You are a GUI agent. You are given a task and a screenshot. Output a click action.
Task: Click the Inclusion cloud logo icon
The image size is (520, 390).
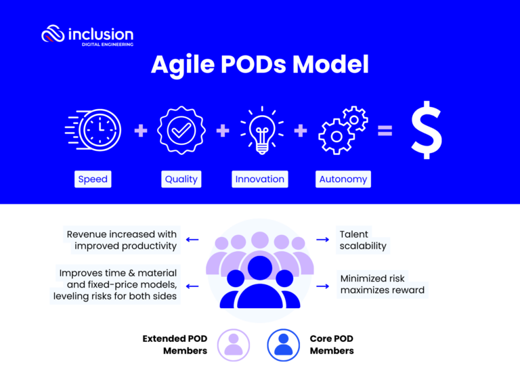[x=53, y=34]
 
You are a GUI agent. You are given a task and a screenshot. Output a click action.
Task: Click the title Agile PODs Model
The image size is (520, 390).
[x=259, y=65]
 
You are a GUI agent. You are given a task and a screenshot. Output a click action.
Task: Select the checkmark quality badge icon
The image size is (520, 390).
[x=181, y=130]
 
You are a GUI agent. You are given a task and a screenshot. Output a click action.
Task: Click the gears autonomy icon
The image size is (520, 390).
[x=343, y=129]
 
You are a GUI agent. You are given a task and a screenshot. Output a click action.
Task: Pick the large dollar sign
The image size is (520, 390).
[x=427, y=129]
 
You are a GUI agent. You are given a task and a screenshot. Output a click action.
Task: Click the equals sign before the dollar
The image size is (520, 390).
[x=385, y=131]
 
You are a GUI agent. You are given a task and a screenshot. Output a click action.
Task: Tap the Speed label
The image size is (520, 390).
[x=93, y=179]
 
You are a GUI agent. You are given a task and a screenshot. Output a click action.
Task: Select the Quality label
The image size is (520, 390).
[x=181, y=179]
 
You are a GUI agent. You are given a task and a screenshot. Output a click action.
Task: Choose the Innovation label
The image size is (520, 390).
[x=259, y=179]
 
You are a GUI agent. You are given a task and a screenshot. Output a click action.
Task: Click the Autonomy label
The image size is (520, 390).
[x=343, y=179]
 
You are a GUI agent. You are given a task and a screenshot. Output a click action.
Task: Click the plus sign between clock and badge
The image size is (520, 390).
[x=140, y=131]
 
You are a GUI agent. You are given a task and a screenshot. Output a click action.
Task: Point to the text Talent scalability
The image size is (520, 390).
[x=363, y=240]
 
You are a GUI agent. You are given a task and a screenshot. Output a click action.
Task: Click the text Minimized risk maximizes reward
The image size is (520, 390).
[x=382, y=284]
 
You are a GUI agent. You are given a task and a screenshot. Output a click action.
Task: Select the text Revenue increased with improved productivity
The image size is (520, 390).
[x=121, y=240]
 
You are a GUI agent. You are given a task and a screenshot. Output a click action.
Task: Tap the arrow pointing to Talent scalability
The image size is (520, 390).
[x=322, y=240]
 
